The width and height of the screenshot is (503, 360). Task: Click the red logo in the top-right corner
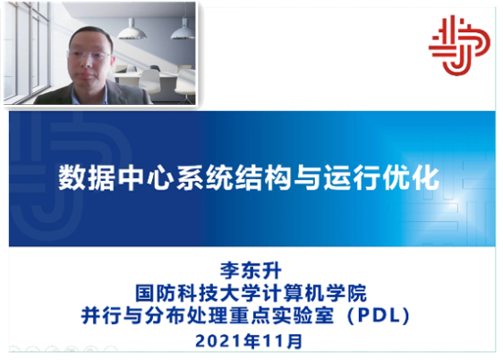coord(459,46)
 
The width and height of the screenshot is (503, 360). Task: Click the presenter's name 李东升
coord(251,270)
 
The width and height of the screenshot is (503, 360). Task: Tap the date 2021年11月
coord(249,341)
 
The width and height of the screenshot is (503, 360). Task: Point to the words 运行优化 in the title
coord(381,177)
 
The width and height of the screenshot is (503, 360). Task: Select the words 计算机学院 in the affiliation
coord(315,293)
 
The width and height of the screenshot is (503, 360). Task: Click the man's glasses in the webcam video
coord(90,56)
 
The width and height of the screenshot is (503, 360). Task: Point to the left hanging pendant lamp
coord(132,30)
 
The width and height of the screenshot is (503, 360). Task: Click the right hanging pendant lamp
coord(183,30)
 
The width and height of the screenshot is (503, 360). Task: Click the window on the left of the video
coord(26,51)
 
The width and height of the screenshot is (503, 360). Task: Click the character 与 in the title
coord(307,177)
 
